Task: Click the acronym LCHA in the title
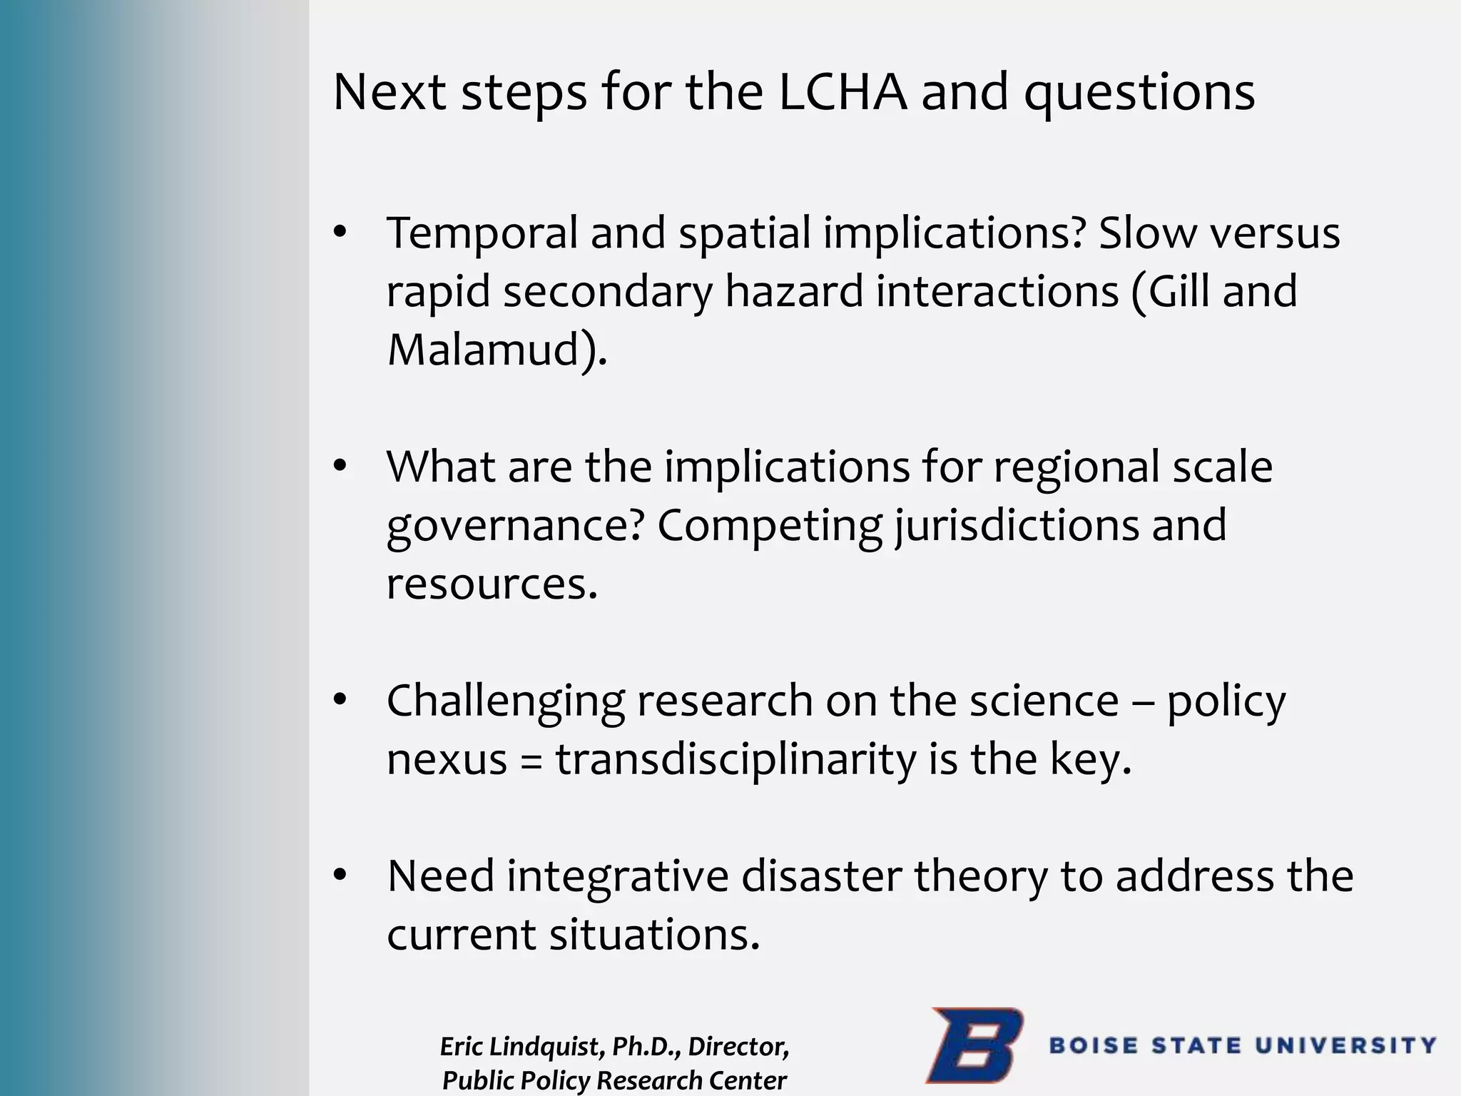tap(842, 92)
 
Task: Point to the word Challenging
tap(505, 701)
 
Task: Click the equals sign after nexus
tap(531, 760)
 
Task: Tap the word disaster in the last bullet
tap(820, 876)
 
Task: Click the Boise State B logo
tap(974, 1045)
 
